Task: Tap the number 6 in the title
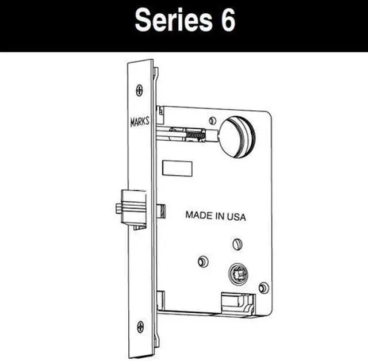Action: point(226,22)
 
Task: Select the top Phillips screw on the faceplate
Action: point(140,90)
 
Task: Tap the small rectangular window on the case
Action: point(177,168)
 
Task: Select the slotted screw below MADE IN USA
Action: point(237,244)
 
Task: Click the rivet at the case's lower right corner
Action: point(263,287)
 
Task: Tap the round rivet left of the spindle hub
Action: point(202,262)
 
